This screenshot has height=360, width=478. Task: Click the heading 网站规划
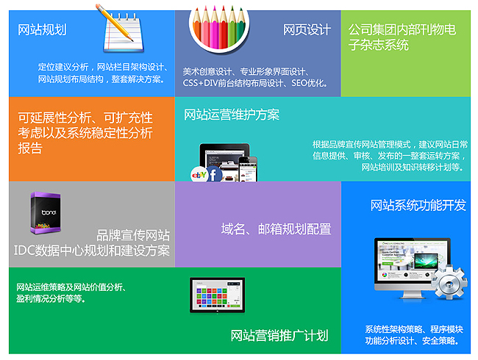tap(42, 30)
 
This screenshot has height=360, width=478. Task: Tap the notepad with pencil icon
tap(121, 28)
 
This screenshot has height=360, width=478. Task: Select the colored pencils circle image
tap(219, 28)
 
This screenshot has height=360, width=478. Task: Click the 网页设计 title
tap(307, 30)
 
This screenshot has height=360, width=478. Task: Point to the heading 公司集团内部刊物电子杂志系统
tap(402, 37)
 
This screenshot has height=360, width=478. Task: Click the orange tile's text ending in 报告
tap(85, 133)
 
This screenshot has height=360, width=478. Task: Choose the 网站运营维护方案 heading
tap(232, 115)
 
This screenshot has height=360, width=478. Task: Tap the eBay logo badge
tap(199, 175)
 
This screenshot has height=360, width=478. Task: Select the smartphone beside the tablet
tap(248, 169)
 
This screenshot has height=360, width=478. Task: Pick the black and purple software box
tap(46, 212)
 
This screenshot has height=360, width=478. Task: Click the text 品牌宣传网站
tap(133, 235)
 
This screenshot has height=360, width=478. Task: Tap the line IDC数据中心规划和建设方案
tap(92, 251)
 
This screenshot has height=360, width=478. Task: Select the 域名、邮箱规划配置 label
tap(277, 229)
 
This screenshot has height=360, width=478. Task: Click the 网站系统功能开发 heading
tap(418, 205)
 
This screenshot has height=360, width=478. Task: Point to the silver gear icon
tap(449, 282)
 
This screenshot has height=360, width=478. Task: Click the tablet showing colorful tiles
tap(218, 295)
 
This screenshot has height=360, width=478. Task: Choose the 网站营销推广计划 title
tap(279, 336)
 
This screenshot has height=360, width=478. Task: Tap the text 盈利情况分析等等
tap(51, 298)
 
